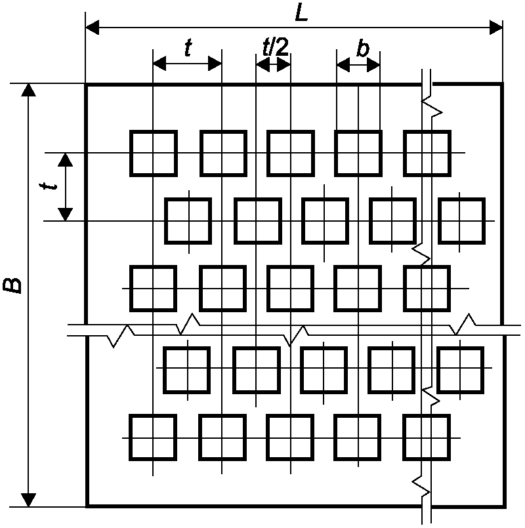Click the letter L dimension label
tap(302, 14)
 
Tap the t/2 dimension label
tap(276, 47)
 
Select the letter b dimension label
tap(363, 49)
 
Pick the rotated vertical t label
tap(48, 186)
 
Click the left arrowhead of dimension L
tap(93, 27)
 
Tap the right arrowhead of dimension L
tap(495, 27)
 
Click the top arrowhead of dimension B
tap(28, 90)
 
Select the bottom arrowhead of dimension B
tap(28, 500)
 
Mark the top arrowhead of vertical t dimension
tap(66, 159)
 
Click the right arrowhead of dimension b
tap(373, 65)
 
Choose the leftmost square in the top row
tap(154, 153)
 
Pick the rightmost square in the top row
tap(427, 153)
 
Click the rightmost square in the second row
tap(461, 221)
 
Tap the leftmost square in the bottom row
tap(153, 437)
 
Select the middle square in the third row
tap(291, 289)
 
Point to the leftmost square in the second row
tap(188, 221)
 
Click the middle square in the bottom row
tap(290, 437)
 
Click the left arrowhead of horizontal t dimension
tap(159, 64)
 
